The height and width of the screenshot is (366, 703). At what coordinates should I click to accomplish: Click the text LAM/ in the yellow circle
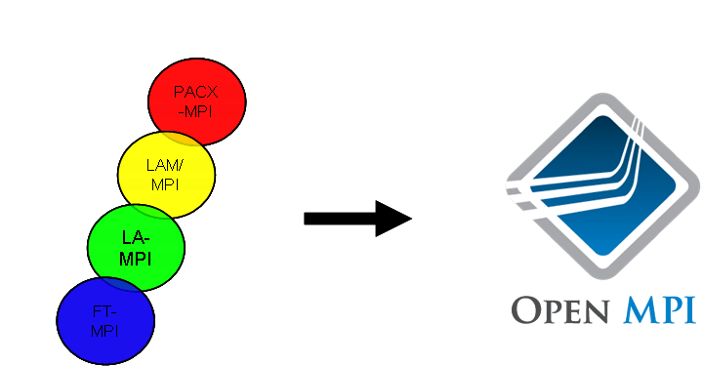click(x=165, y=167)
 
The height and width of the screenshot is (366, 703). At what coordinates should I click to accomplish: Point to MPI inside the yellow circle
click(x=165, y=184)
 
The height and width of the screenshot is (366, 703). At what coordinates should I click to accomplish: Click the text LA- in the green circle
click(x=137, y=238)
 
